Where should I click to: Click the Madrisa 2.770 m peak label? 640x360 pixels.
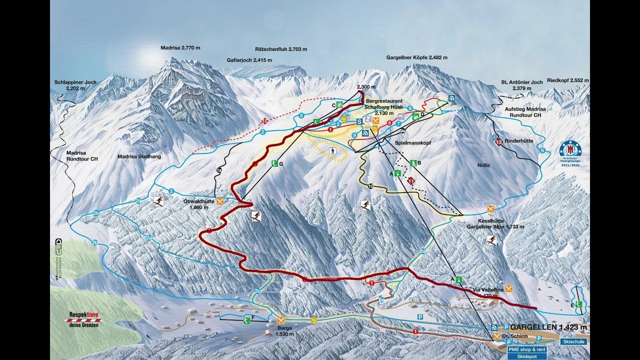(180, 48)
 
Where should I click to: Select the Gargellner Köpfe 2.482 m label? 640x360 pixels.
(416, 57)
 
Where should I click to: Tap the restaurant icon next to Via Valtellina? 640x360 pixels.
(509, 288)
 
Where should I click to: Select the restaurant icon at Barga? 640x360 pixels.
(281, 320)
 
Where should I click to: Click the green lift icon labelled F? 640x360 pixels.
(247, 320)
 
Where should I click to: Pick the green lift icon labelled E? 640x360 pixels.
(579, 304)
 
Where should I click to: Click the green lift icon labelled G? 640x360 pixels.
(274, 163)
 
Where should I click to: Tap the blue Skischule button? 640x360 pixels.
(573, 342)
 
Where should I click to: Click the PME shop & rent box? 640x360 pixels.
(526, 349)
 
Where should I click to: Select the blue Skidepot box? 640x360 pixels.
(526, 357)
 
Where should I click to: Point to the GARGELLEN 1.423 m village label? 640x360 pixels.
(548, 327)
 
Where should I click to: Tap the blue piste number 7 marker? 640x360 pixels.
(398, 123)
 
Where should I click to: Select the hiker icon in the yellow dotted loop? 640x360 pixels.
(332, 150)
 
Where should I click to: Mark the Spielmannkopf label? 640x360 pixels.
(413, 142)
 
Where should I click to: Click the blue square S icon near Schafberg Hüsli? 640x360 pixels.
(359, 121)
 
